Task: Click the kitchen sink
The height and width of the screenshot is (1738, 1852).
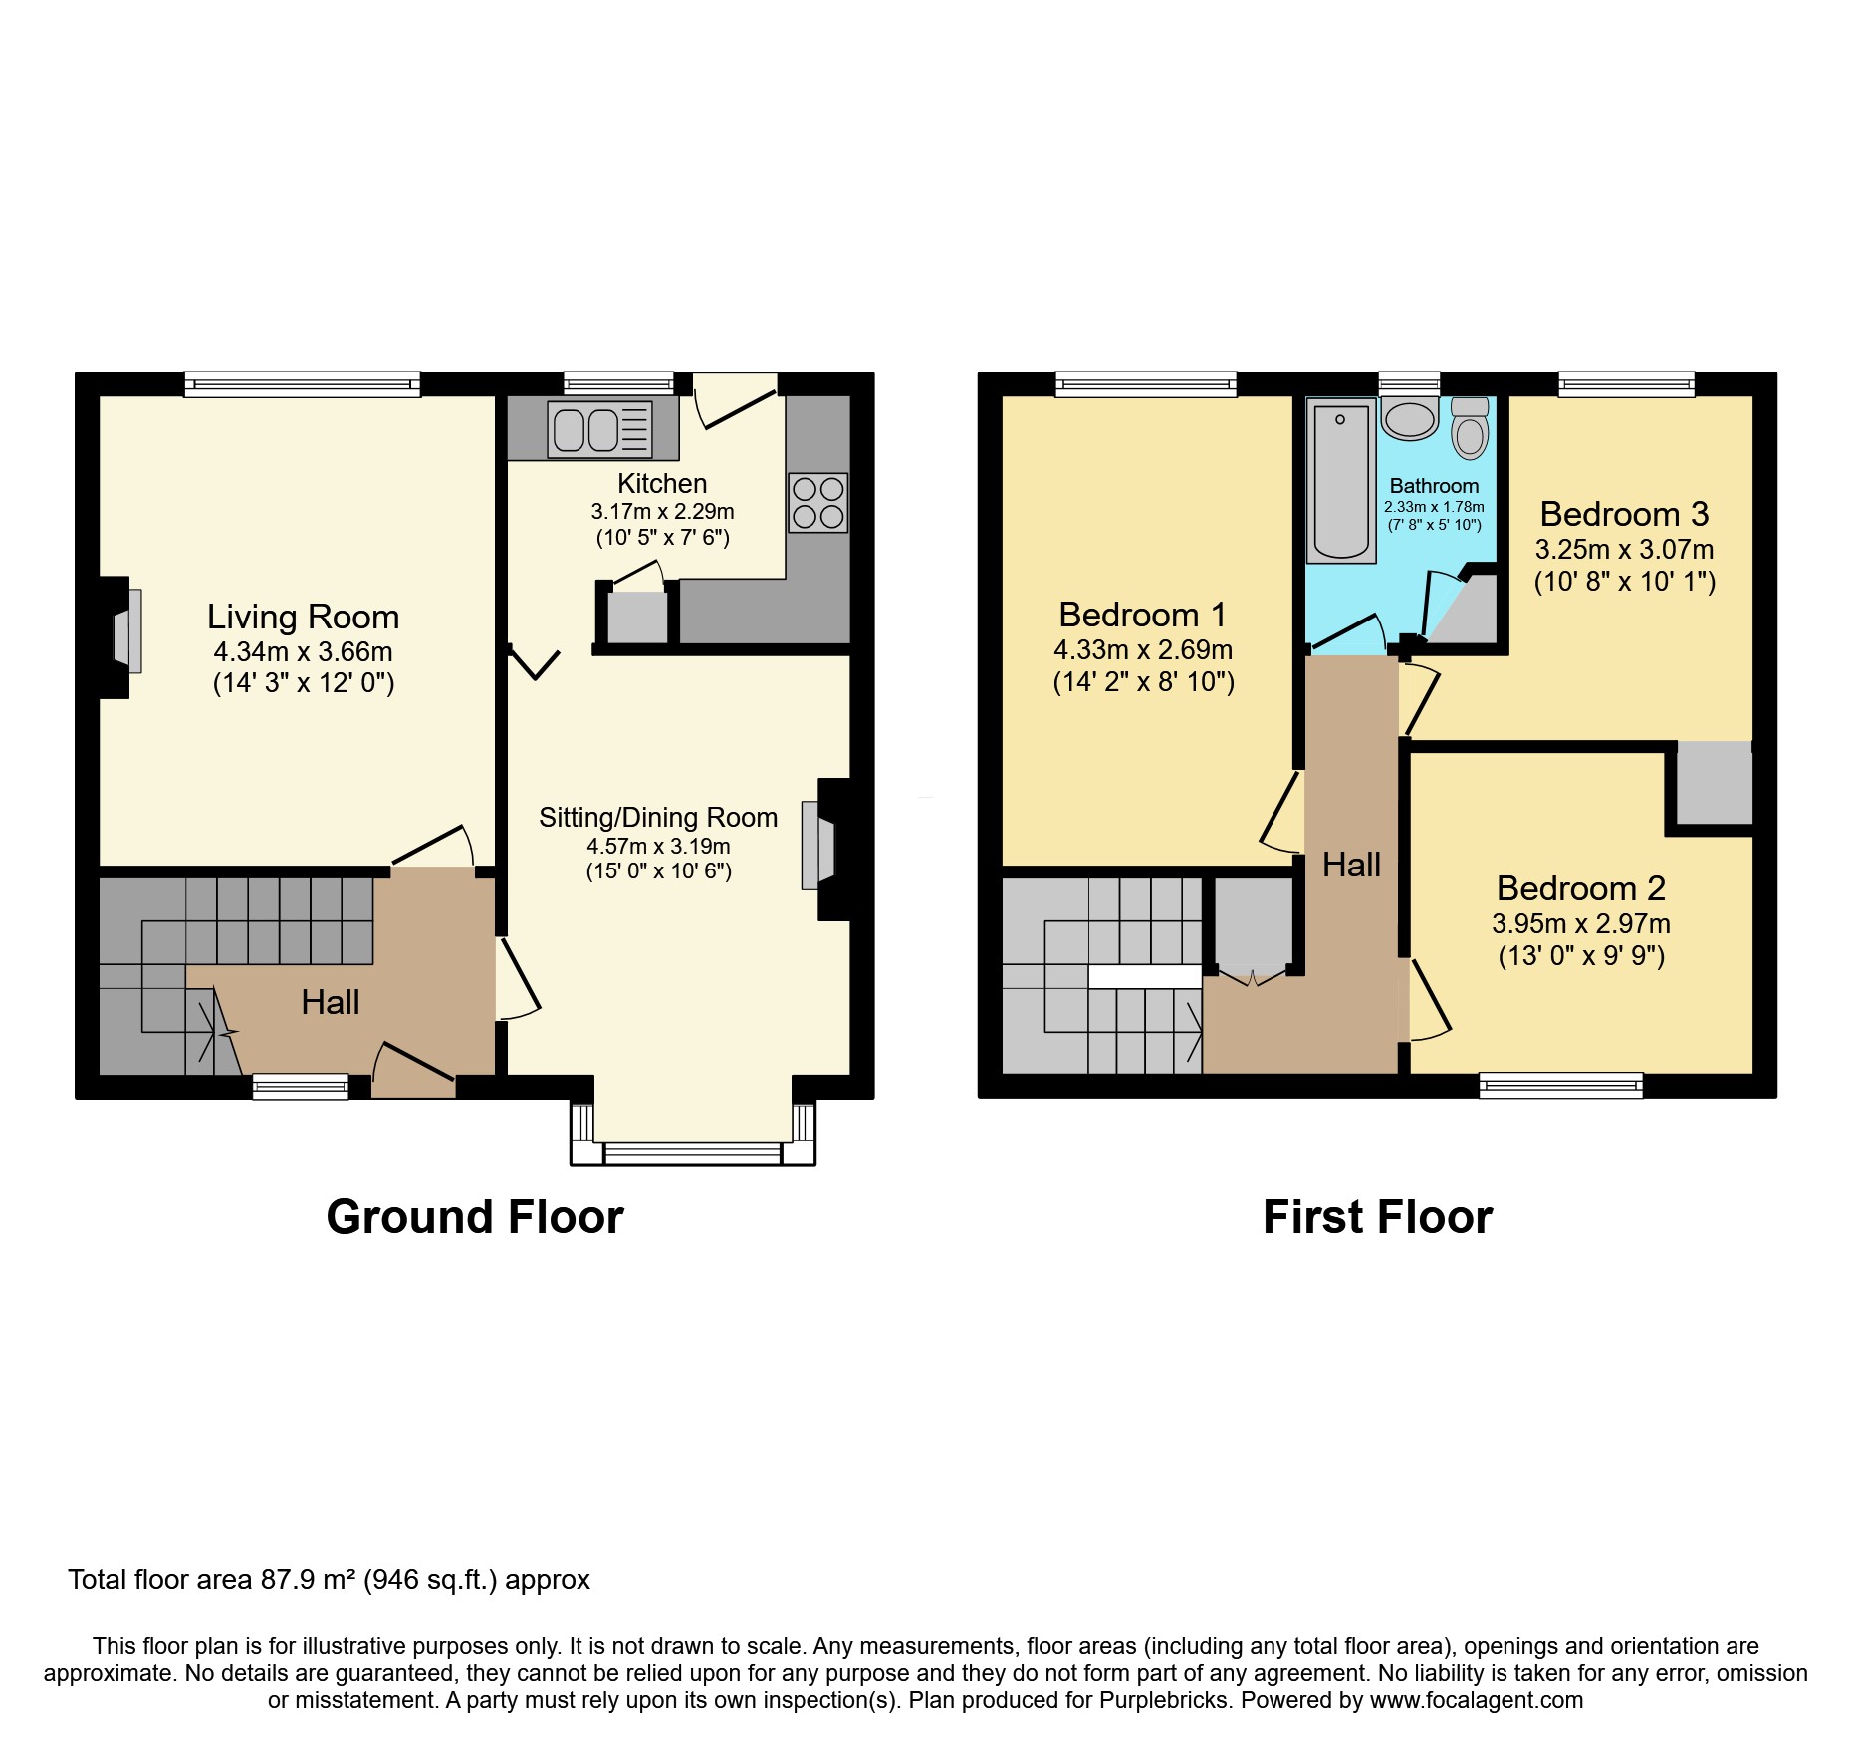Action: click(x=599, y=430)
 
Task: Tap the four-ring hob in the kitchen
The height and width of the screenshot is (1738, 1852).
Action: click(x=818, y=503)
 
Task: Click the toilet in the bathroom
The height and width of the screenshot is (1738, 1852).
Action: click(x=1470, y=429)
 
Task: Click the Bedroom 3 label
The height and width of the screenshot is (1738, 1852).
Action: click(x=1624, y=514)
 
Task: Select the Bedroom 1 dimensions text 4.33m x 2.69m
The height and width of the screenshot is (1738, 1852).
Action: click(x=1143, y=650)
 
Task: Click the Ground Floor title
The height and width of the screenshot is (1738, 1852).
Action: click(x=475, y=1217)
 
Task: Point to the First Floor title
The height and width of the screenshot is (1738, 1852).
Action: click(x=1377, y=1217)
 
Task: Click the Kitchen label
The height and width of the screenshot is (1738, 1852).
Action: click(x=662, y=484)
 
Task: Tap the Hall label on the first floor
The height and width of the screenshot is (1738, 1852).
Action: click(x=1351, y=865)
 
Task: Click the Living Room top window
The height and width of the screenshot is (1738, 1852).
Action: click(x=302, y=384)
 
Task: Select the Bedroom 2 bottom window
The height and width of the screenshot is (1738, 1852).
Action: click(x=1560, y=1085)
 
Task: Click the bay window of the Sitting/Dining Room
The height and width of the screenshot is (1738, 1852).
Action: click(x=692, y=1153)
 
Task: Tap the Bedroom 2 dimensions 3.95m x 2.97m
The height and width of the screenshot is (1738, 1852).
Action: click(x=1581, y=924)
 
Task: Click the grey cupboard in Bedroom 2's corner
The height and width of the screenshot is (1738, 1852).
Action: click(x=1714, y=783)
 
